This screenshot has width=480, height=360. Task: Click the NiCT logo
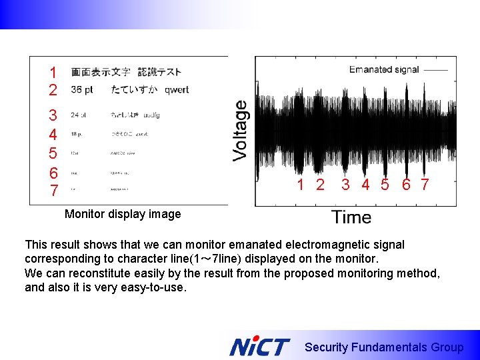259,347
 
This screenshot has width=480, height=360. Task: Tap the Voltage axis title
240,130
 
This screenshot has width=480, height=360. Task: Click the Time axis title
351,217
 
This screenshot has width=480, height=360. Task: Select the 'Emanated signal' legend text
384,69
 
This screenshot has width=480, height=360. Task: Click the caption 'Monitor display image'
123,214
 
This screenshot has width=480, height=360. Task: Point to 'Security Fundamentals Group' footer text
384,347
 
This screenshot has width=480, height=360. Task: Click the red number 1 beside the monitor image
53,72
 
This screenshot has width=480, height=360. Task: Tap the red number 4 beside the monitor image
53,135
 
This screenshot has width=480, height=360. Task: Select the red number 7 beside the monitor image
53,191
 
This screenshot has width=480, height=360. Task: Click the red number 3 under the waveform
345,185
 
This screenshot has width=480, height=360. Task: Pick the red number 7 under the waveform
425,185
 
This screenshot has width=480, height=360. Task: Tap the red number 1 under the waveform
301,185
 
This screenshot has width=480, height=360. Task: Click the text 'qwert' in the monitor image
177,90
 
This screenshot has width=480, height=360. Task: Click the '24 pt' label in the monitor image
79,115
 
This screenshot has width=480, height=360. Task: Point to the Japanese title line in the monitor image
126,72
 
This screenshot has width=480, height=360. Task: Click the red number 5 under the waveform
385,185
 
